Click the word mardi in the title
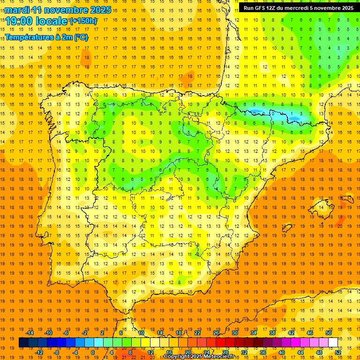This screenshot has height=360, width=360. click(18, 10)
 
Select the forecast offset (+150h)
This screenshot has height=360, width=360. click(83, 21)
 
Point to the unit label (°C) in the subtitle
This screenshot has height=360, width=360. click(81, 37)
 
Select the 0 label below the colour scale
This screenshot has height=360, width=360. click(93, 352)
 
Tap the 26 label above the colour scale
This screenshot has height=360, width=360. click(216, 333)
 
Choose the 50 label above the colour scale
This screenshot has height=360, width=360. click(328, 333)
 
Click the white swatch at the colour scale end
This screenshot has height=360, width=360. click(333, 343)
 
